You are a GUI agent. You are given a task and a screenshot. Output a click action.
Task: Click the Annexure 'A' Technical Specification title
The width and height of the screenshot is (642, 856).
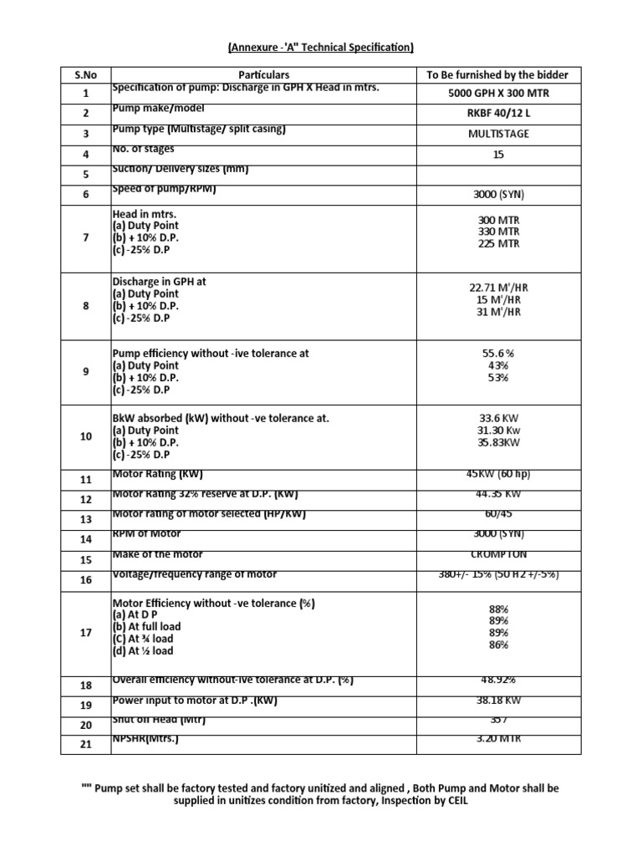coord(321,48)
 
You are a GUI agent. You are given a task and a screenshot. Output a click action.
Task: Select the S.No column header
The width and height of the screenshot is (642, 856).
coord(85,74)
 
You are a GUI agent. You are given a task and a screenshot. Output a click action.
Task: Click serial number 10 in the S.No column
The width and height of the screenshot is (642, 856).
coord(85,436)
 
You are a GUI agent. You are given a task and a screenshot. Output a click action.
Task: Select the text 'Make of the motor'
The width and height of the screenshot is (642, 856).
coord(157,554)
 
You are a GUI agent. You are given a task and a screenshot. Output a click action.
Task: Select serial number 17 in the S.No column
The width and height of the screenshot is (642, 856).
coord(85,633)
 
